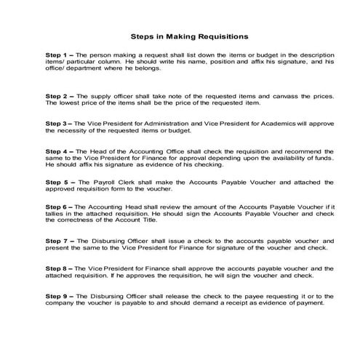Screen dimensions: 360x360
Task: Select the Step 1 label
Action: pyautogui.click(x=56, y=55)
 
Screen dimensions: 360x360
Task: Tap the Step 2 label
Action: pyautogui.click(x=56, y=96)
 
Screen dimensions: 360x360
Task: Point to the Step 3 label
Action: pyautogui.click(x=56, y=124)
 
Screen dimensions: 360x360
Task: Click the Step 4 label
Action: pyautogui.click(x=56, y=151)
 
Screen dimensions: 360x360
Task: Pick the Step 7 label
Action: pyautogui.click(x=56, y=240)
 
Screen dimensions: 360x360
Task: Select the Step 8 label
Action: pyautogui.click(x=56, y=268)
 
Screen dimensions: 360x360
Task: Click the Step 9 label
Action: pyautogui.click(x=56, y=295)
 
